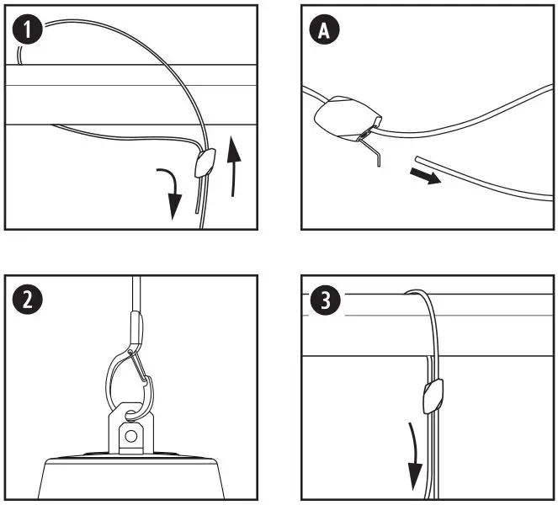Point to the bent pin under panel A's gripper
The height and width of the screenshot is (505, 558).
click(375, 151)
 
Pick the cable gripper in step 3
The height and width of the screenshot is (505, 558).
click(433, 393)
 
